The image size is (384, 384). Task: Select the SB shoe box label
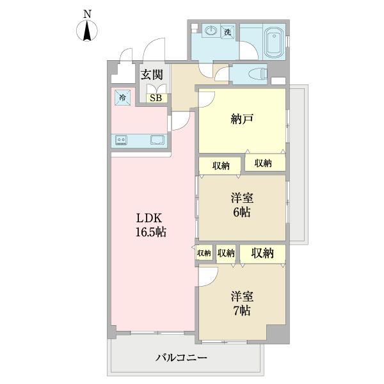[x=156, y=98]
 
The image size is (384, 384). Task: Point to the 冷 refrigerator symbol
[x=121, y=98]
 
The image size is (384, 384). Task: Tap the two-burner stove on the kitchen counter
[x=122, y=140]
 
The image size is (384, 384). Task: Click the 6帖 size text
[x=242, y=212]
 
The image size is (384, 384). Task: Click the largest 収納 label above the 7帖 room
[x=262, y=253]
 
